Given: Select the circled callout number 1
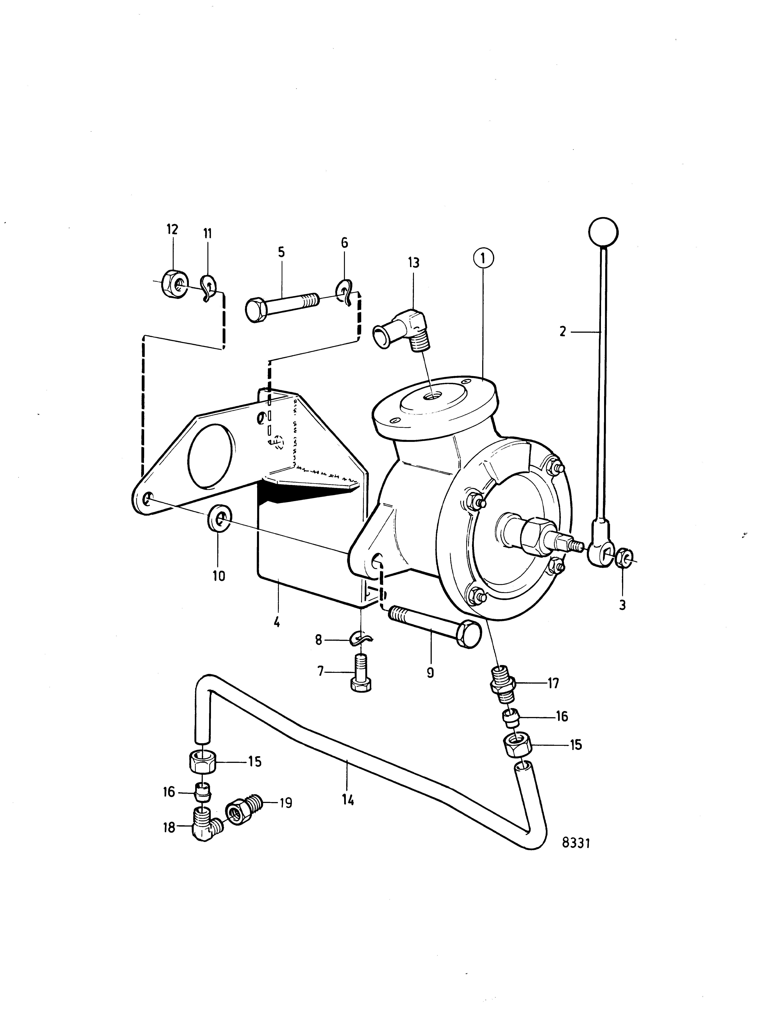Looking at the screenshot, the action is point(483,258).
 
